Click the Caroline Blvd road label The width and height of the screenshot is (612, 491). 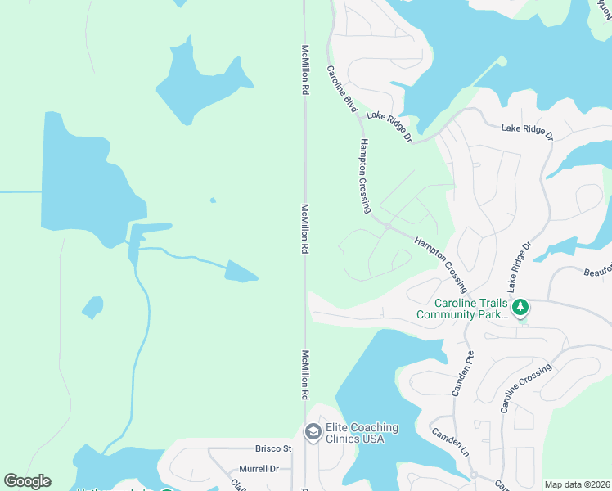coord(343,90)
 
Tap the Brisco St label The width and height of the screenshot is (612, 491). coord(273,448)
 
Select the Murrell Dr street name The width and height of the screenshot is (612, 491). coord(259,469)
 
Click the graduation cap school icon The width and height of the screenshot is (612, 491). coord(312,432)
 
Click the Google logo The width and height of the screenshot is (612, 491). coord(27,481)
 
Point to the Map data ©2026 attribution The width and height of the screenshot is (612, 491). coord(578,484)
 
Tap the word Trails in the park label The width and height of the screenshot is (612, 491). coord(486,301)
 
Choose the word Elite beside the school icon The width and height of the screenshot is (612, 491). coord(337,427)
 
